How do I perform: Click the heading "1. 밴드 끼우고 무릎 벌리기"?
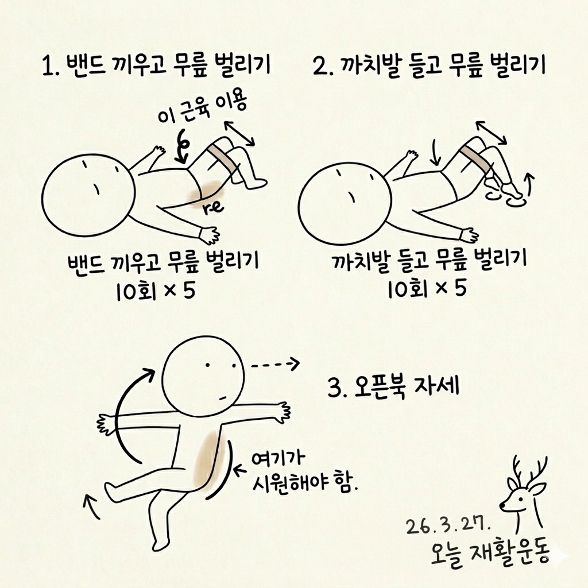[x=156, y=67]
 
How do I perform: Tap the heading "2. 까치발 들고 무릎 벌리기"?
[x=429, y=67]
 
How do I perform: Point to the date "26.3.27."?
[x=448, y=527]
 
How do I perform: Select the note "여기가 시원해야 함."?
[x=304, y=472]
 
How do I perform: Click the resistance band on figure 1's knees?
[x=223, y=158]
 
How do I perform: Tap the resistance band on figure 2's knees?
[x=475, y=158]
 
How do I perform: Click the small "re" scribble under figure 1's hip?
[x=212, y=208]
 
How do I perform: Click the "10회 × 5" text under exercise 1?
[x=156, y=291]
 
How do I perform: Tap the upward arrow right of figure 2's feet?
[x=529, y=184]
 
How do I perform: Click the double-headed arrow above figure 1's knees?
[x=239, y=133]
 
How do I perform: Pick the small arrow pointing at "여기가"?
[x=241, y=471]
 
